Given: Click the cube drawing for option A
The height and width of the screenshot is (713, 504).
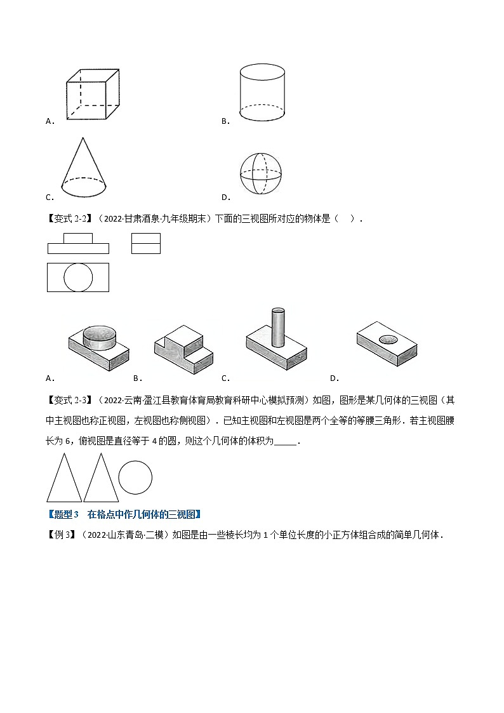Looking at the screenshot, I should pos(93,94).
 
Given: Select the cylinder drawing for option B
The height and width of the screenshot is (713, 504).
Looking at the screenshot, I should pos(261,92).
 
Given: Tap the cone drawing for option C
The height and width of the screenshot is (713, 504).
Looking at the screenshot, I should pos(83,166).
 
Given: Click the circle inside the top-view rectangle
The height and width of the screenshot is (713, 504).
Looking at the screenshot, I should pos(79,277).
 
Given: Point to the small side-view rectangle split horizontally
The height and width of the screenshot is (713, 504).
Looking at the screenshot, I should pos(145,243).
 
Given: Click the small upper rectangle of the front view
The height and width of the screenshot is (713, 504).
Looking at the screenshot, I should pos(78,238).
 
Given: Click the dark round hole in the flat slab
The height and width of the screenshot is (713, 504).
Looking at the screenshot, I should pos(387,341).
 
